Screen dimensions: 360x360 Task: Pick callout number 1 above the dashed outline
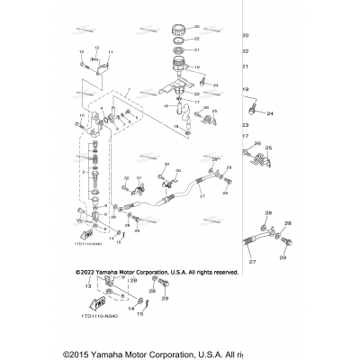pyautogui.click(x=129, y=91)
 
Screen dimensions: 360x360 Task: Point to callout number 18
pyautogui.click(x=176, y=129)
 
